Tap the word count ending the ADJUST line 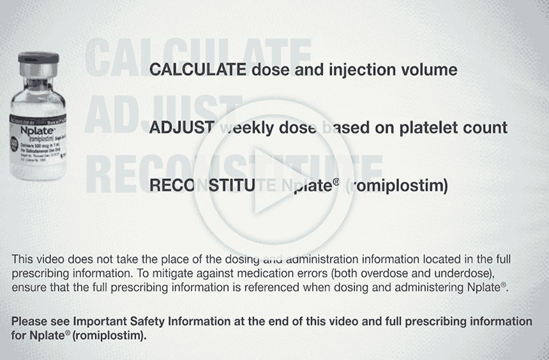487,127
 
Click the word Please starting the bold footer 29,322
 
